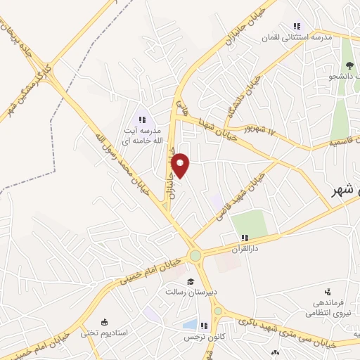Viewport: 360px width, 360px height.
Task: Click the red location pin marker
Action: pos(181,165)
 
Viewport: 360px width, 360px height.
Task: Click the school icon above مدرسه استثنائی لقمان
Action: pos(297,27)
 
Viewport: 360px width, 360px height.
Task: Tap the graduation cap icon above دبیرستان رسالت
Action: pos(190,281)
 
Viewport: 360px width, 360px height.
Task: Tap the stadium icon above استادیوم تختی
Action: pos(103,321)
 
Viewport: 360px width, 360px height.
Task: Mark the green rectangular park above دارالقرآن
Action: pos(249,224)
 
